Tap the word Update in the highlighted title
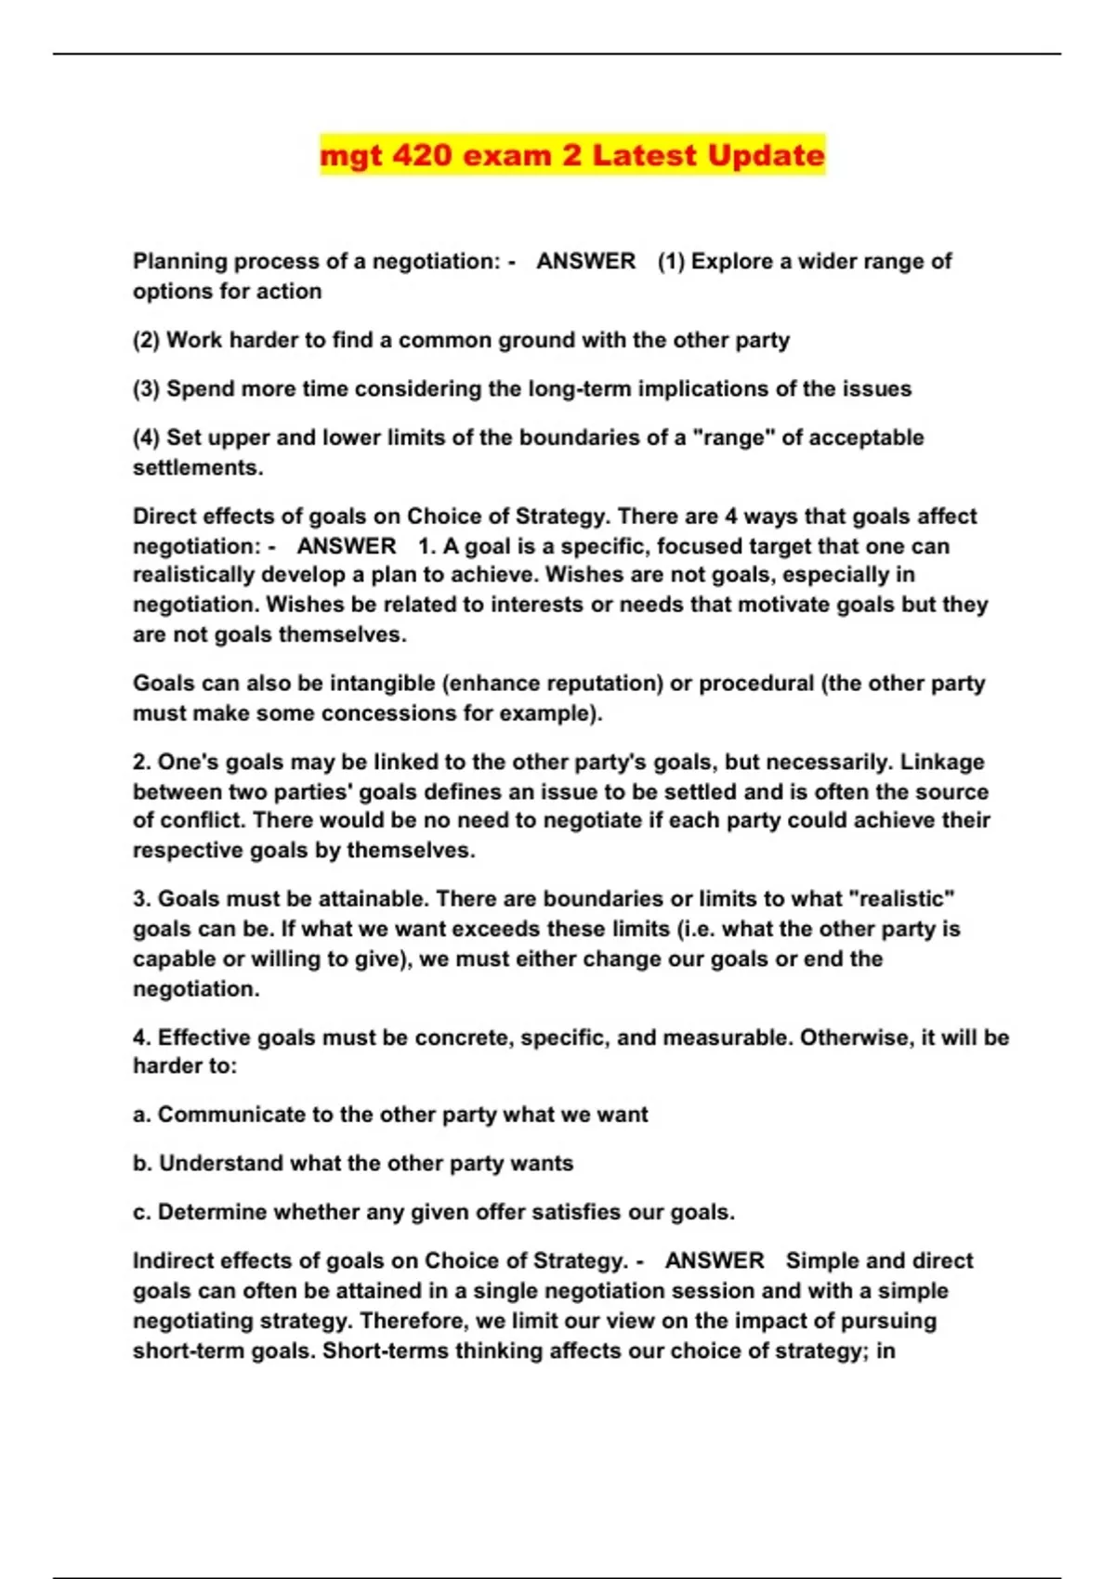(x=766, y=154)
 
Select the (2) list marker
(x=146, y=340)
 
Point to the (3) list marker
(x=146, y=388)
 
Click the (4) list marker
(x=146, y=437)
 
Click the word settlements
(x=198, y=467)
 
